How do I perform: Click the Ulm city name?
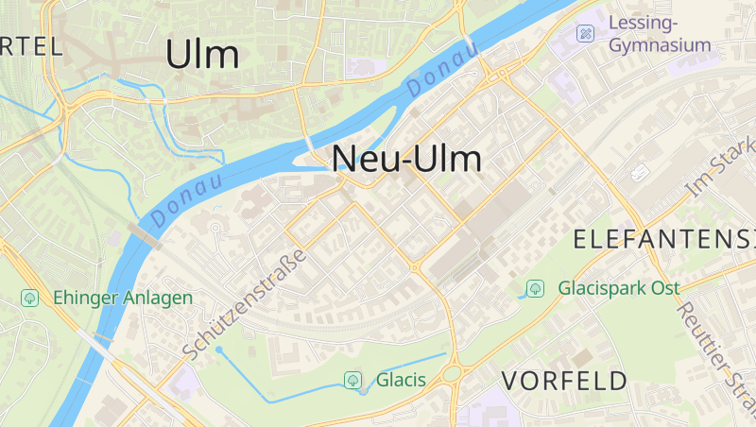coord(202,55)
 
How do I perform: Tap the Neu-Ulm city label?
coord(407,158)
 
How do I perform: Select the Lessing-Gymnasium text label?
coord(660,33)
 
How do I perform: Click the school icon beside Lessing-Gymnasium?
coord(586,33)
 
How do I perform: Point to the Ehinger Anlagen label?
coord(123,298)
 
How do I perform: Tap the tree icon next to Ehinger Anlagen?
coord(30,298)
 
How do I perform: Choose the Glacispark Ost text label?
coord(625,287)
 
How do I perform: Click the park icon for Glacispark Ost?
coord(536,287)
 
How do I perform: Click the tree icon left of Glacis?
coord(352,381)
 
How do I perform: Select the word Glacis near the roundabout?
coord(401,381)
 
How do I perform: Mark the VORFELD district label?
coord(564,381)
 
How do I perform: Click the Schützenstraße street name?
coord(246,304)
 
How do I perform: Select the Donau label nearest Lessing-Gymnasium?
coord(442,70)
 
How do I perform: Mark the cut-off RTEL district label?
coord(30,45)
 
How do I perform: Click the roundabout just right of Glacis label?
coord(452,373)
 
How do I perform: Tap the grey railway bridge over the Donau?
coord(144,234)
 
